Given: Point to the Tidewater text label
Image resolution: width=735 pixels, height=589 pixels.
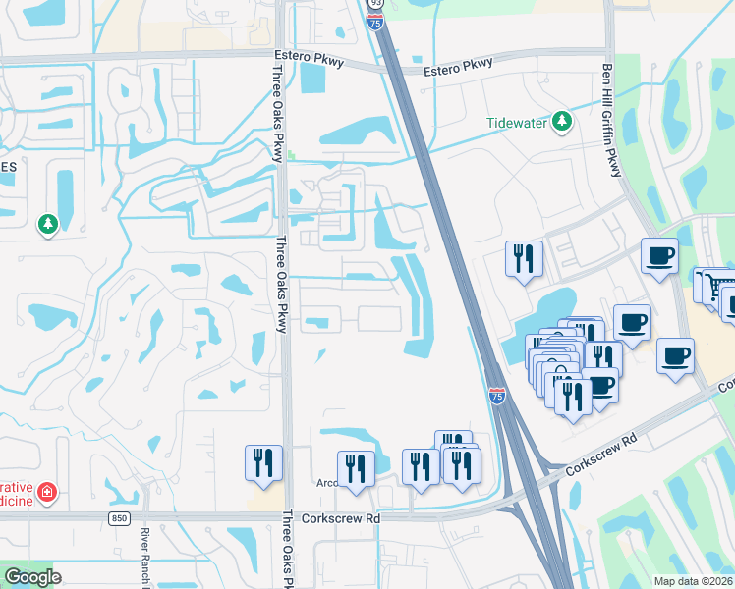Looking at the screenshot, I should [518, 123].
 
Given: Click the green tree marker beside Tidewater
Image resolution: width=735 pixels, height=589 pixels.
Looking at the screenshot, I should [561, 122].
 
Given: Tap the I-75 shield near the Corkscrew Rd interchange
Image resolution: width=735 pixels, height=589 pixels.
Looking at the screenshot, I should [498, 397].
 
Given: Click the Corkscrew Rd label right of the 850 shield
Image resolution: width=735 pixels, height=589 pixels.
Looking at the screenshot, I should [340, 517].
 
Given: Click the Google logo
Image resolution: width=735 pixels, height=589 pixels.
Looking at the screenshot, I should [32, 577].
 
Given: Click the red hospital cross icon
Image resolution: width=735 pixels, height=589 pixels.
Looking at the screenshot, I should [47, 491].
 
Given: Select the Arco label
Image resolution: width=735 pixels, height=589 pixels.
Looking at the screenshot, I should [326, 483].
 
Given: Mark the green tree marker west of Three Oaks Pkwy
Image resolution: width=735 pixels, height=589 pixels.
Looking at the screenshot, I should [47, 225].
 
